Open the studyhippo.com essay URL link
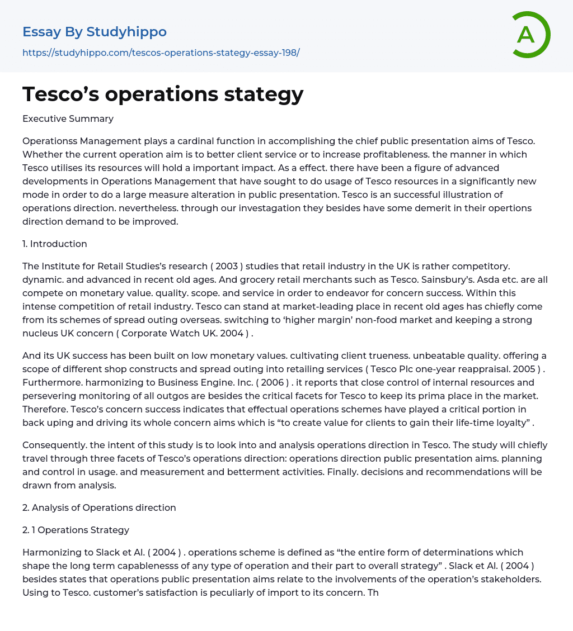[x=161, y=53]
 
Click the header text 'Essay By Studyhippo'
[x=95, y=32]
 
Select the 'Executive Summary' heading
[x=68, y=118]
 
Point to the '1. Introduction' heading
[x=55, y=244]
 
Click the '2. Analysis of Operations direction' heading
[x=99, y=507]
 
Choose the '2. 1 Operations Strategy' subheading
[x=76, y=530]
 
